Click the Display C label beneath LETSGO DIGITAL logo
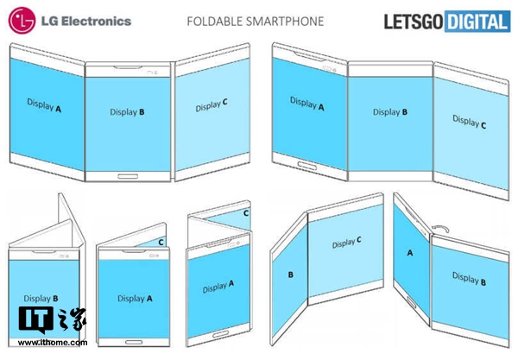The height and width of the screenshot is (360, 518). pos(470,123)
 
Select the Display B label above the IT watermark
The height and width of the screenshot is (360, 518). pos(42,299)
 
